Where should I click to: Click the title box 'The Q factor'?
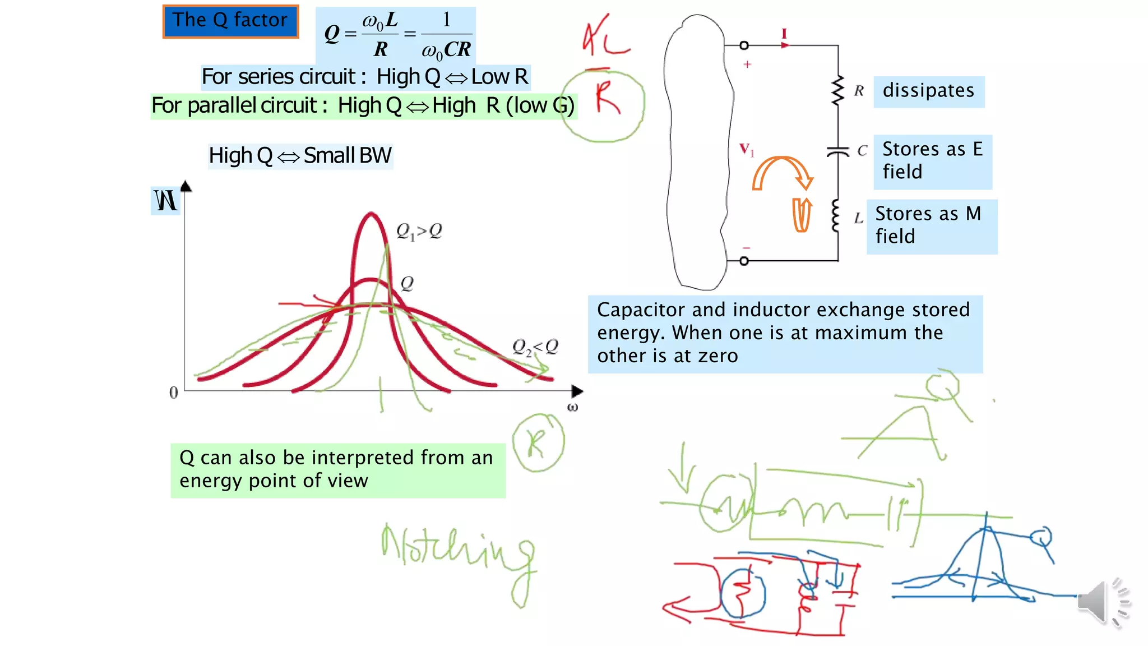[x=230, y=21]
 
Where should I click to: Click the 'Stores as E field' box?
[x=932, y=161]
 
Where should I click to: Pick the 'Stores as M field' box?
[x=931, y=225]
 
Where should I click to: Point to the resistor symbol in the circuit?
[x=838, y=91]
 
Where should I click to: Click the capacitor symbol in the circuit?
[x=838, y=151]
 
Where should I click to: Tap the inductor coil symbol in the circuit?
[x=836, y=216]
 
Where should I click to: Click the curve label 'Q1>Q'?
[x=419, y=231]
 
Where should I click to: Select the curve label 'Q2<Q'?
[x=535, y=347]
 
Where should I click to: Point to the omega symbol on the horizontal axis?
[x=572, y=407]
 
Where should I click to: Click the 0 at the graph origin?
[x=174, y=393]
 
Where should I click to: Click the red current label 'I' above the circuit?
[x=784, y=34]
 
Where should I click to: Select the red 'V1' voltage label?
[x=746, y=150]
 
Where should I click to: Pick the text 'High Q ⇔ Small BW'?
[x=300, y=156]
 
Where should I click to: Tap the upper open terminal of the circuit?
[x=744, y=45]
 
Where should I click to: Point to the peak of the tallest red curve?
[x=371, y=214]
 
